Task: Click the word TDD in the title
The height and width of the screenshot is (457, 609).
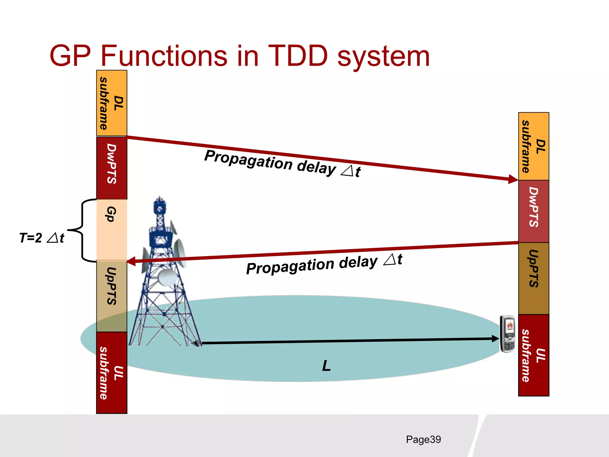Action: tap(298, 56)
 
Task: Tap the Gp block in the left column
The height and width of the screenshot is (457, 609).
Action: tap(112, 230)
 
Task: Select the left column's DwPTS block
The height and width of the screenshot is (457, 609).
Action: tap(112, 168)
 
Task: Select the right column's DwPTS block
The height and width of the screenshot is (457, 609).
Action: tap(533, 211)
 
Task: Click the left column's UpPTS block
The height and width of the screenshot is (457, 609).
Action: tap(112, 296)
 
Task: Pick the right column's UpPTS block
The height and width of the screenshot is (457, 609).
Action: tap(533, 278)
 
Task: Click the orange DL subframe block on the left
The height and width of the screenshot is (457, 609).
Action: tap(112, 103)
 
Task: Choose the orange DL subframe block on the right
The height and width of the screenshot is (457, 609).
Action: tap(533, 146)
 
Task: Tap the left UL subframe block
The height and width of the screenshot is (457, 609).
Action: tap(112, 373)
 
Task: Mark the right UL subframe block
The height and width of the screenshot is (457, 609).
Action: tap(533, 355)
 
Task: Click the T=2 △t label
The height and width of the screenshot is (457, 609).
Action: tap(42, 238)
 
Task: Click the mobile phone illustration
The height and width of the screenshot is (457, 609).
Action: tap(507, 334)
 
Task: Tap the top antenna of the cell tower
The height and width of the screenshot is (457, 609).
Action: tap(160, 205)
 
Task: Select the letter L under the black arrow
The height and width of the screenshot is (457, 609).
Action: tap(326, 366)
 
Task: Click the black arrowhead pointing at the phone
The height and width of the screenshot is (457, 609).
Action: tap(495, 339)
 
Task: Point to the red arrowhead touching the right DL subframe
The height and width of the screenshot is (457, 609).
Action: tap(513, 179)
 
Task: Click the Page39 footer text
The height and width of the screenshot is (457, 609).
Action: tap(423, 439)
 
